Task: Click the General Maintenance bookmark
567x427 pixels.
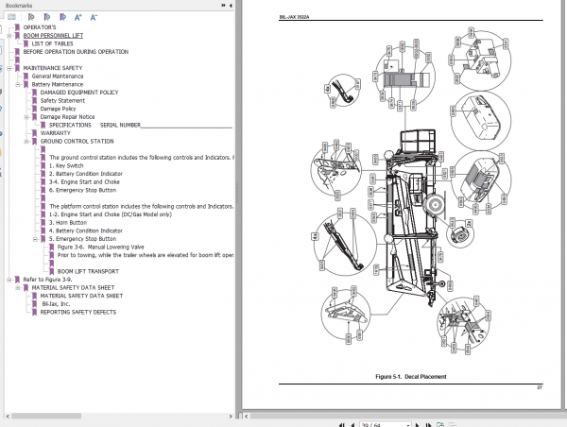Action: click(69, 76)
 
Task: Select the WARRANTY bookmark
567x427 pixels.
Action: click(55, 133)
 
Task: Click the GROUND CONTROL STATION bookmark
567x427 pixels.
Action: click(83, 141)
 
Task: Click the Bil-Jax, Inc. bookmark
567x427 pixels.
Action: click(58, 303)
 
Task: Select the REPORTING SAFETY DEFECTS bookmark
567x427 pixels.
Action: click(77, 312)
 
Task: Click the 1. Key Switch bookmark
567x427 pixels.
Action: click(71, 165)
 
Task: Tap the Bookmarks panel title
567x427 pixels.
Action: click(19, 5)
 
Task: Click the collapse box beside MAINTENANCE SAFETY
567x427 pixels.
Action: click(9, 68)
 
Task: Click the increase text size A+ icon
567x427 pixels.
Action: click(77, 17)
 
